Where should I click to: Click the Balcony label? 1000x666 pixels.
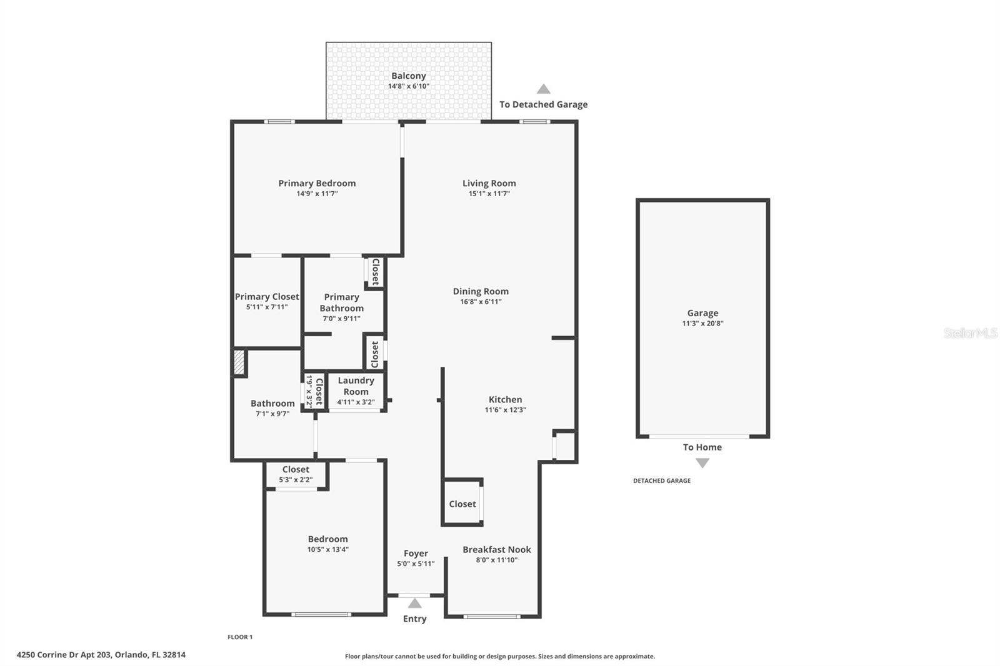408,76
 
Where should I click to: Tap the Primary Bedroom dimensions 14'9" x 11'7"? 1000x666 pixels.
317,194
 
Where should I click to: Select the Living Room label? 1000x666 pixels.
489,183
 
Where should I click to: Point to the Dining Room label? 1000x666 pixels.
481,291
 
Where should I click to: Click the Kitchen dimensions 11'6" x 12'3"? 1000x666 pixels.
505,410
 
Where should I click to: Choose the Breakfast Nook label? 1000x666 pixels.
496,549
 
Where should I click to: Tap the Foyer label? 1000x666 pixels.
416,553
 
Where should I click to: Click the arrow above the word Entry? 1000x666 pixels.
414,604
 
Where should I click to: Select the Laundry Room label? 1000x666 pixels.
356,385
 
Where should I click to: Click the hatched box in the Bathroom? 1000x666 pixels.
239,362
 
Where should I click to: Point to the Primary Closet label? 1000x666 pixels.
267,297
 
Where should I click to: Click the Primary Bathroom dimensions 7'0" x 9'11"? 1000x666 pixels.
341,319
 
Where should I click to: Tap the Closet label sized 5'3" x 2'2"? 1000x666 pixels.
296,469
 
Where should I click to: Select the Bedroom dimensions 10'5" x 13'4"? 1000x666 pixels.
327,550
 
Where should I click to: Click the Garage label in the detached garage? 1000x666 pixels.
702,313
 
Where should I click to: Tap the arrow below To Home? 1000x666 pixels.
702,463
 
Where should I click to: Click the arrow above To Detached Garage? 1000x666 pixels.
543,89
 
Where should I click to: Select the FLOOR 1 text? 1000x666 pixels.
240,637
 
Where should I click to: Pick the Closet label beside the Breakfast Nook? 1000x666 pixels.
462,504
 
